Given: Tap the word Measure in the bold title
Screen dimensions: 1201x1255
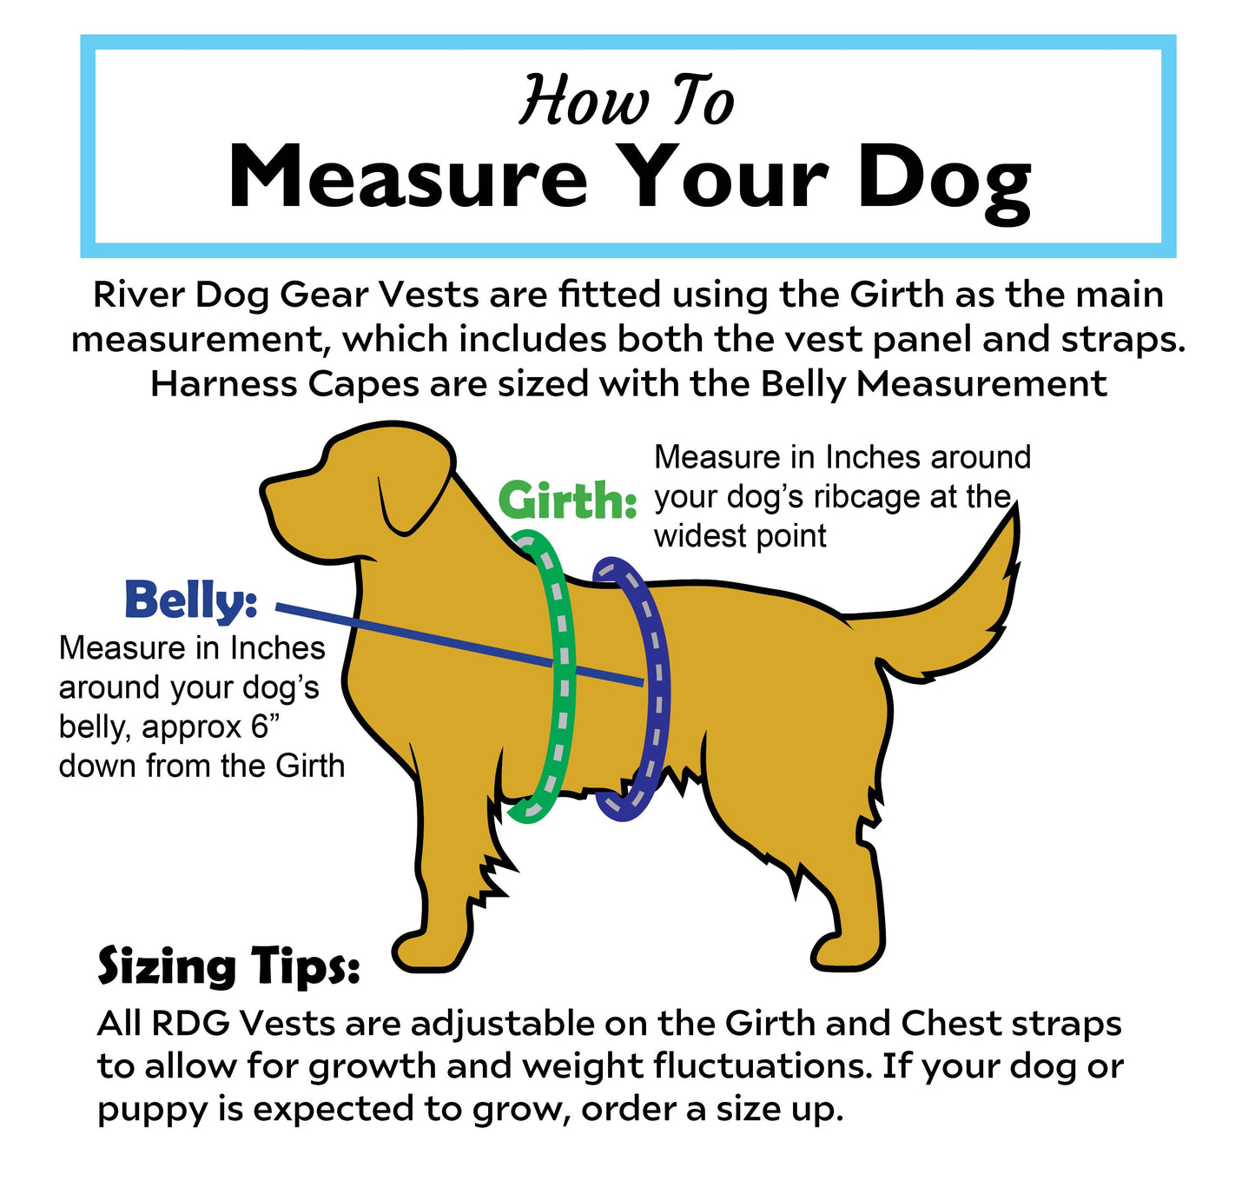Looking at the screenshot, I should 407,177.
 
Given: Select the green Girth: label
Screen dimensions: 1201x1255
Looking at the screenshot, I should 567,502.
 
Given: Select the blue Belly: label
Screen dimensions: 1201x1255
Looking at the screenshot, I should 191,600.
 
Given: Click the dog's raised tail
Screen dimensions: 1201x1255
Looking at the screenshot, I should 973,600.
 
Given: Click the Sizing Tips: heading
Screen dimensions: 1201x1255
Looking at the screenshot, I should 228,966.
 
